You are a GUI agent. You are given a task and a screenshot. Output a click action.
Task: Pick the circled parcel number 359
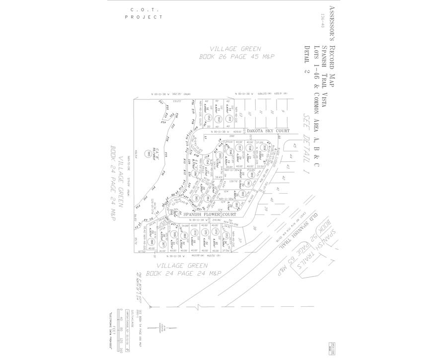pos(265,147)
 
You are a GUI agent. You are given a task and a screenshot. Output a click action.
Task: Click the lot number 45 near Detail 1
pos(295,145)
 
